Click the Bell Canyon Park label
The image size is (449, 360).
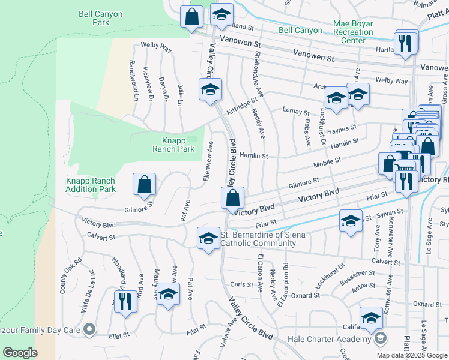point(93,17)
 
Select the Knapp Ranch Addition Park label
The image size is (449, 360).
point(90,185)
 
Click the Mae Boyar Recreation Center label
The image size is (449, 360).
point(353,32)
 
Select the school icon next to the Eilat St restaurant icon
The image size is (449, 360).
point(169,295)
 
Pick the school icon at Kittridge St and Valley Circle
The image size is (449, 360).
point(210,90)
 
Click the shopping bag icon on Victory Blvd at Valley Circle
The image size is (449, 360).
point(232,198)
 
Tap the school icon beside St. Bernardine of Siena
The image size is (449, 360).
point(208,238)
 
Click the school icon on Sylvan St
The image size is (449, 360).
point(351,221)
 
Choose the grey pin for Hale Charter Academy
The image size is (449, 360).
point(380,339)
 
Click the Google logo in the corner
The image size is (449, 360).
point(20,353)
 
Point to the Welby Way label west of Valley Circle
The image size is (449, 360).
point(155,45)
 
